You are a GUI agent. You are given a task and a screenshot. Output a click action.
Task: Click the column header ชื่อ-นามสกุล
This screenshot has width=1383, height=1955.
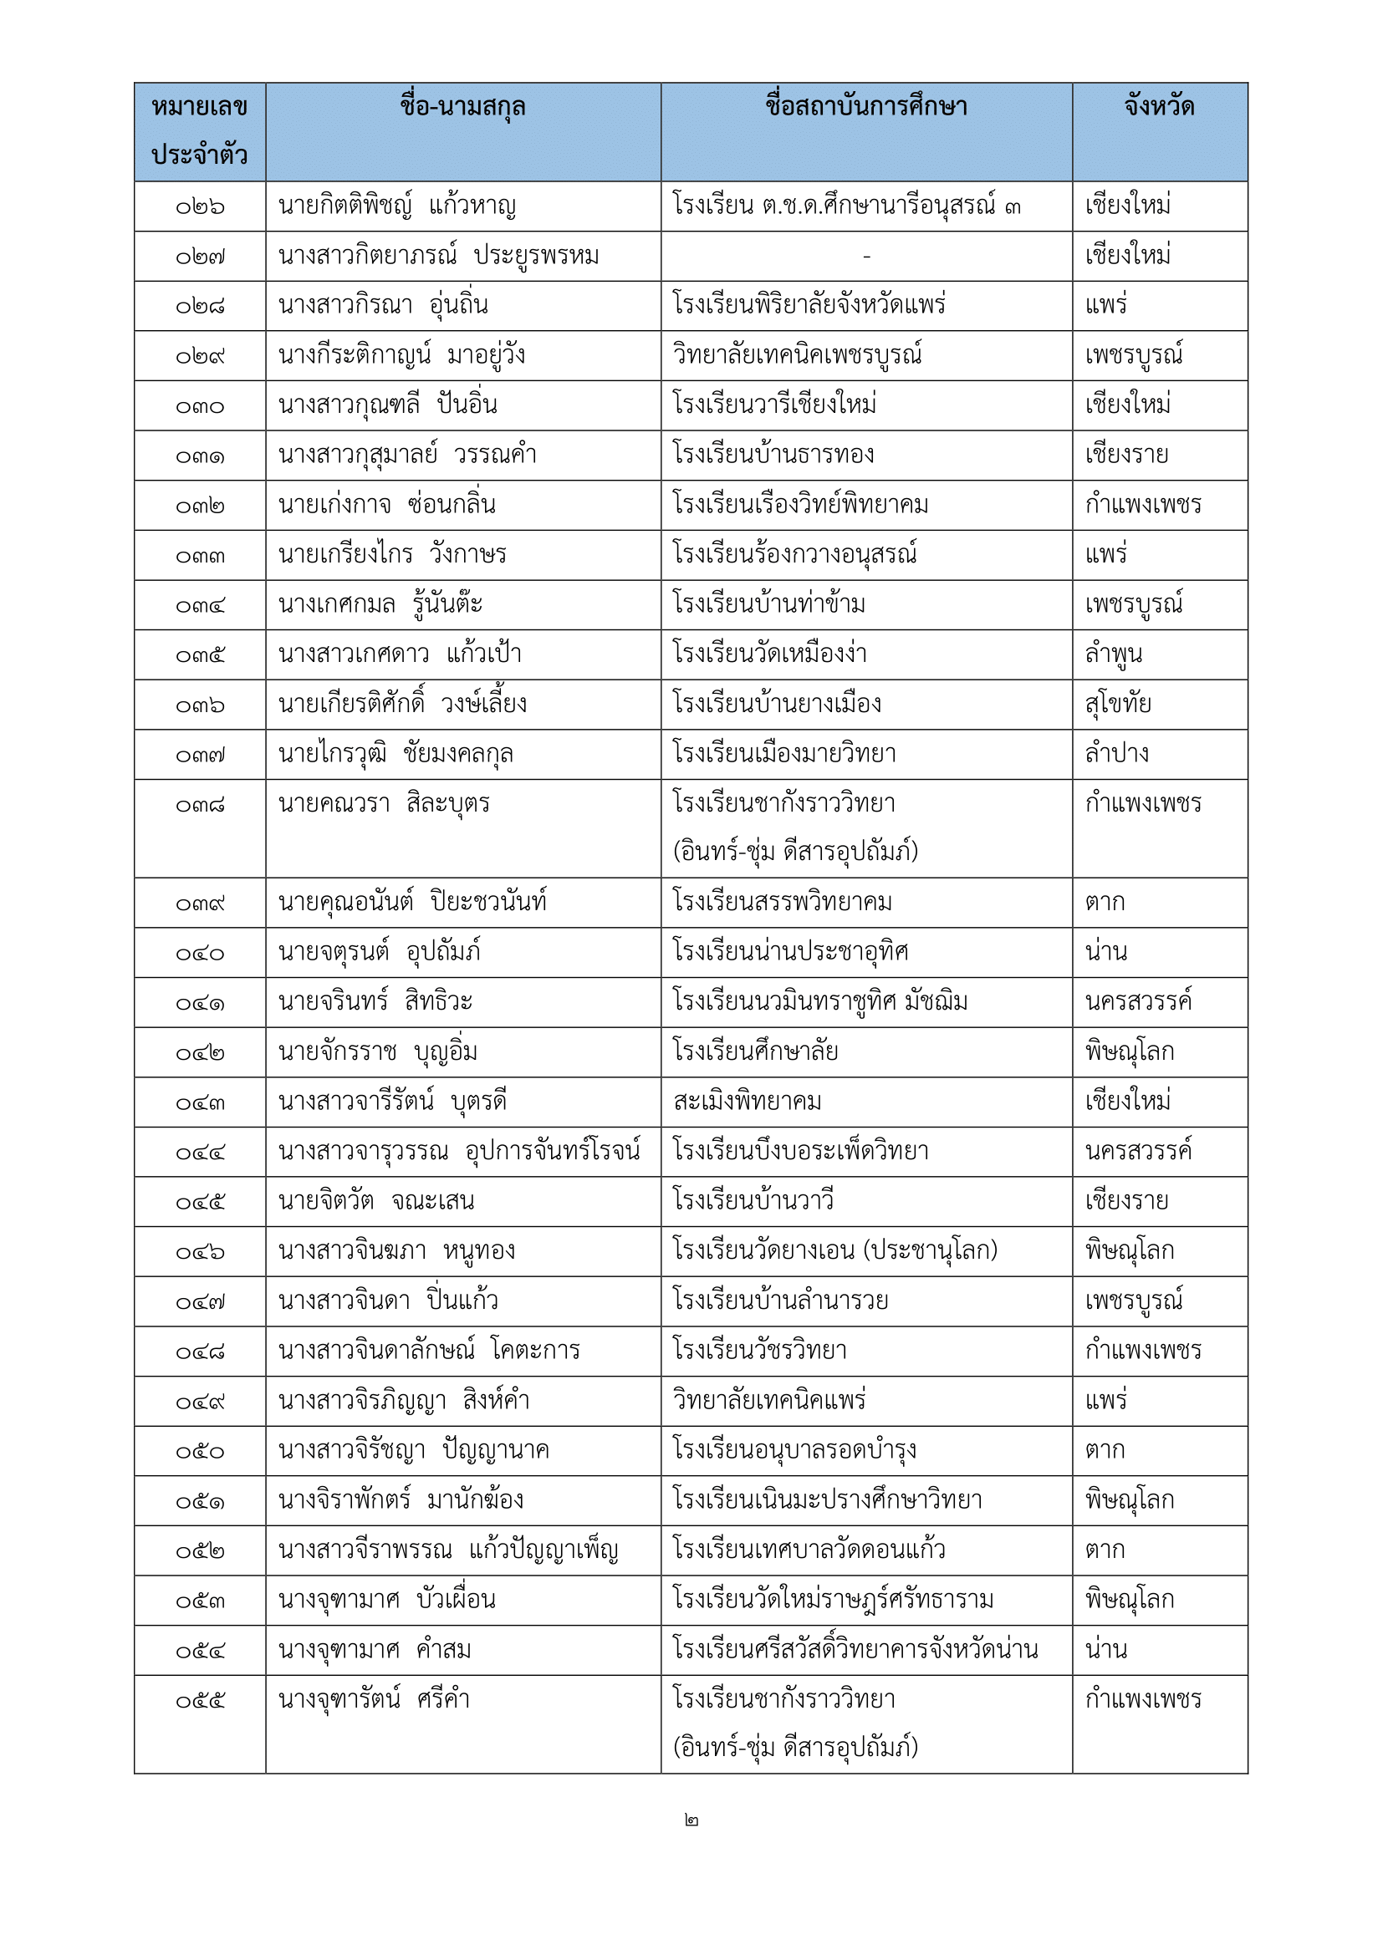click(x=462, y=107)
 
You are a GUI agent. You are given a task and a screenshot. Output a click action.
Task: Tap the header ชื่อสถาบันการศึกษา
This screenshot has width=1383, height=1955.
click(x=866, y=107)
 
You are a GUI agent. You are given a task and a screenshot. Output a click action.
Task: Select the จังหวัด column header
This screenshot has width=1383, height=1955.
click(x=1159, y=107)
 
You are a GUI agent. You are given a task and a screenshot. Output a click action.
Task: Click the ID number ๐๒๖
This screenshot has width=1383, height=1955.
click(x=200, y=207)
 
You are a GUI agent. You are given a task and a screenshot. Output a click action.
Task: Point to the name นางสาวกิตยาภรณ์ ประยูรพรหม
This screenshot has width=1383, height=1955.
click(x=439, y=257)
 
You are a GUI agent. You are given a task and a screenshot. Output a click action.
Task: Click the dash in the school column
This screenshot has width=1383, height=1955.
click(x=866, y=257)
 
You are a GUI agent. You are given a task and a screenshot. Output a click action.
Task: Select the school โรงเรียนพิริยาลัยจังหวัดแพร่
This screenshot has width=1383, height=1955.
click(x=809, y=306)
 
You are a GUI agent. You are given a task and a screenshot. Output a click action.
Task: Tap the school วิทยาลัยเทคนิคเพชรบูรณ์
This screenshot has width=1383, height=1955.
click(x=797, y=355)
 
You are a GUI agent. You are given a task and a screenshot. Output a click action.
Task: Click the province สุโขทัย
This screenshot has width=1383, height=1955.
click(x=1117, y=704)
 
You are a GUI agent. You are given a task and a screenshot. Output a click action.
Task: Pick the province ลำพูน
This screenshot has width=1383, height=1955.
click(x=1113, y=654)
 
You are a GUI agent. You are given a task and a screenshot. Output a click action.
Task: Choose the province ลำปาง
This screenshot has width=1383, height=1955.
click(x=1116, y=754)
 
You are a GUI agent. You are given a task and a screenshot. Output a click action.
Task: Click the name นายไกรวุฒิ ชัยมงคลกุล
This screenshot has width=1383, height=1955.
click(x=396, y=755)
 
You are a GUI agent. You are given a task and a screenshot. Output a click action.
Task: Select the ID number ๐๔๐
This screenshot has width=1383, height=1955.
click(x=200, y=954)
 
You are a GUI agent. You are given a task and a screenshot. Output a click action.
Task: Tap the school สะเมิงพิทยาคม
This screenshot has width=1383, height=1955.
click(x=747, y=1102)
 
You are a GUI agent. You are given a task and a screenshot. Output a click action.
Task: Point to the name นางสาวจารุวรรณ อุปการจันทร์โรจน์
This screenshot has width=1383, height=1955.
click(x=459, y=1152)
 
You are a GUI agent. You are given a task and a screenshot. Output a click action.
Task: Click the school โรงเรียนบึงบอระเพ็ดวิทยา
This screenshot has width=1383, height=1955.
click(x=800, y=1152)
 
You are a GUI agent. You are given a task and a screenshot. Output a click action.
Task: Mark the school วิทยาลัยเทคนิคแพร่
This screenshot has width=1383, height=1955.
click(x=769, y=1401)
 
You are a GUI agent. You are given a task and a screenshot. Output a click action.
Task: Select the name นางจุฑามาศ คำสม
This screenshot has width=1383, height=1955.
click(x=375, y=1650)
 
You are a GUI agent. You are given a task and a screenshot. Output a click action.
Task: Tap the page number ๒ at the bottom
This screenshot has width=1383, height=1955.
click(x=691, y=1820)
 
